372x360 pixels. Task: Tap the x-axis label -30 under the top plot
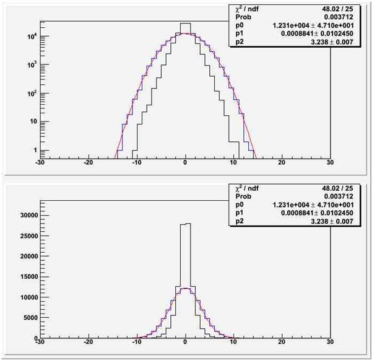pyautogui.click(x=40, y=162)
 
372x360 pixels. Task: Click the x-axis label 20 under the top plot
pyautogui.click(x=282, y=162)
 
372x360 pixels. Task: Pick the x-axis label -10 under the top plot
pyautogui.click(x=137, y=162)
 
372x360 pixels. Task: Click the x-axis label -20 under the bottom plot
pyautogui.click(x=89, y=341)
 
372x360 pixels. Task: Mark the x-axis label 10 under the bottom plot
pyautogui.click(x=233, y=341)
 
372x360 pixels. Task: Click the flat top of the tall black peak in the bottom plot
pyautogui.click(x=186, y=224)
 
